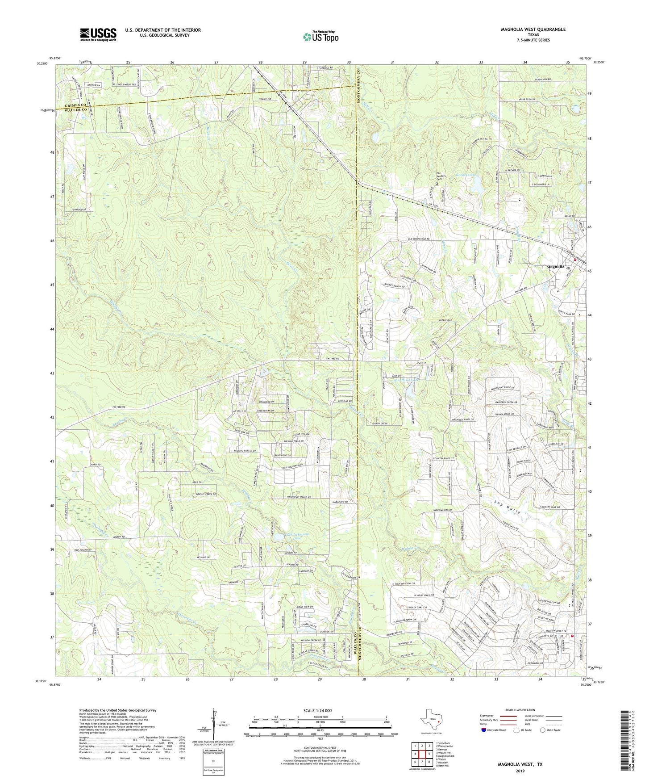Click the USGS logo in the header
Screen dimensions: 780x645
(98, 34)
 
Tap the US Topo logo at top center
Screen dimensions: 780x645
(320, 37)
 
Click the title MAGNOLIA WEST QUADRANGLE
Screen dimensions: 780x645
(533, 29)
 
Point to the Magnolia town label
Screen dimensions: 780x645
(556, 267)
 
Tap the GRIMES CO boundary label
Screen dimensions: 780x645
(75, 105)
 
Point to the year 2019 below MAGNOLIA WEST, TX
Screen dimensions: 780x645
(520, 771)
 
